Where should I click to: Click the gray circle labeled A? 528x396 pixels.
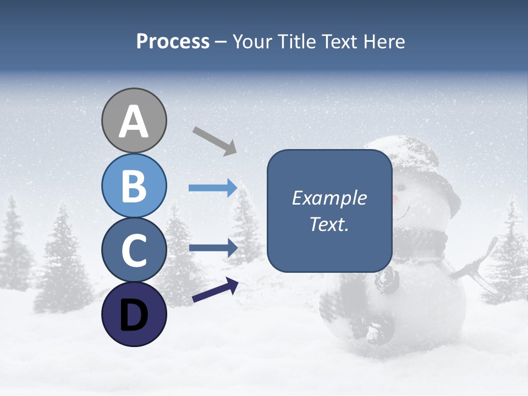(134, 120)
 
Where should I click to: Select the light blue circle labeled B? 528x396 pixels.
(134, 186)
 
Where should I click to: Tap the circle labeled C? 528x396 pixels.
(134, 250)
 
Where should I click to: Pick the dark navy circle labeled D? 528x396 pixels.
(134, 314)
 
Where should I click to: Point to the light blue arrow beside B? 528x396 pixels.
(213, 188)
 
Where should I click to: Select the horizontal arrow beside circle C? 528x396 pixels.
(213, 248)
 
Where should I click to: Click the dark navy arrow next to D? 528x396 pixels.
(215, 291)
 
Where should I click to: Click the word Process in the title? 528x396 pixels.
(173, 42)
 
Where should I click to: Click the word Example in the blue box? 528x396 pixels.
(329, 199)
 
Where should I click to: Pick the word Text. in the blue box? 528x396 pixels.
(329, 224)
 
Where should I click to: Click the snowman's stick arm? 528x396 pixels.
(476, 269)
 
